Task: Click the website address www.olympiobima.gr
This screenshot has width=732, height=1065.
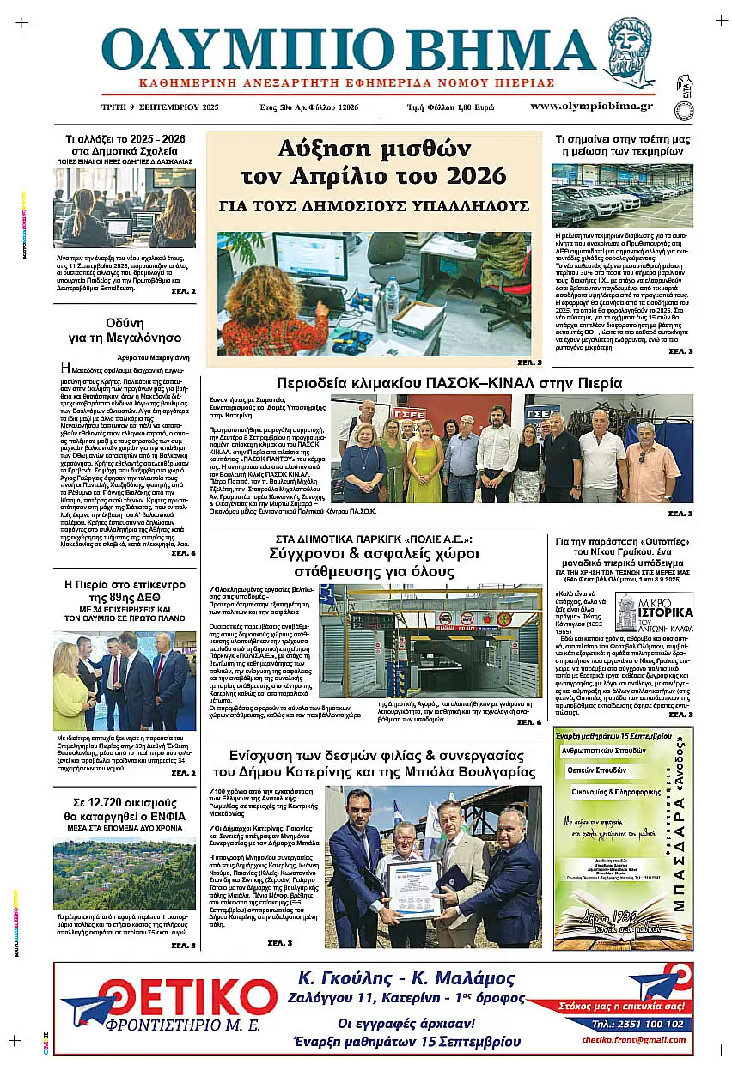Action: (x=591, y=106)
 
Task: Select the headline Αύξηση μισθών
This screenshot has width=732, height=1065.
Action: (x=373, y=149)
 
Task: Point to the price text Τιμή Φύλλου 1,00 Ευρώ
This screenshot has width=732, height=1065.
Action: (x=451, y=106)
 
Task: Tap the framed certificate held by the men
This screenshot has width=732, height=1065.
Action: (x=413, y=890)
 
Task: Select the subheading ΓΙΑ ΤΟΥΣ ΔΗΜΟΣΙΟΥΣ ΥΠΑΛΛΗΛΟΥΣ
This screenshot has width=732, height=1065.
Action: (x=373, y=206)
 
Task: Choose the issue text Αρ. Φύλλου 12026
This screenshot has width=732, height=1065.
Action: (x=332, y=106)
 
